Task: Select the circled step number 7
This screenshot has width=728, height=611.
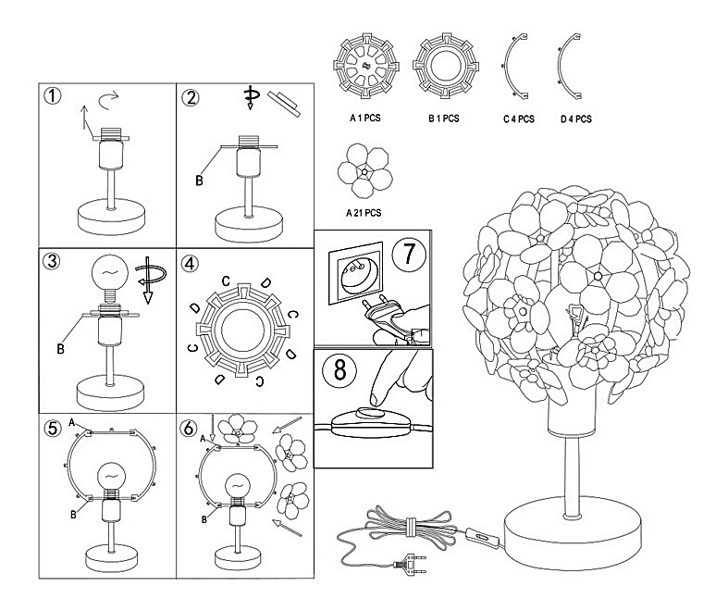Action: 409,254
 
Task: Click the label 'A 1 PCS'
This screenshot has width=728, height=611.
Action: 364,118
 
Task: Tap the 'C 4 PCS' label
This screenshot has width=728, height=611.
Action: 519,118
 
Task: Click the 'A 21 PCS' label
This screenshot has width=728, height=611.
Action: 364,212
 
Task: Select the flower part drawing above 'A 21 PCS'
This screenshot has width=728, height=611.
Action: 364,171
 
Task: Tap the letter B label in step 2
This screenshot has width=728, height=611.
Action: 199,181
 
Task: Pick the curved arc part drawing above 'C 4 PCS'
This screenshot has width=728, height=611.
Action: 514,67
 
